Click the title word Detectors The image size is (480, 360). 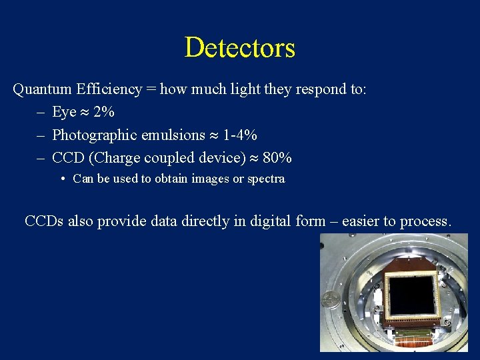[239, 48]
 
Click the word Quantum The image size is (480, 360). [42, 89]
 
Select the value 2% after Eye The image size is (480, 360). [104, 112]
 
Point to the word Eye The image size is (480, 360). [64, 112]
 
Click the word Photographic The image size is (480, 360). [94, 135]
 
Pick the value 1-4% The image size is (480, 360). [240, 135]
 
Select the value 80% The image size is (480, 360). [277, 158]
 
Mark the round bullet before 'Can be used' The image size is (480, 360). [61, 179]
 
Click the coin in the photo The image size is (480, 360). [329, 299]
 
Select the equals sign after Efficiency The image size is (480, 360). [151, 89]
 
